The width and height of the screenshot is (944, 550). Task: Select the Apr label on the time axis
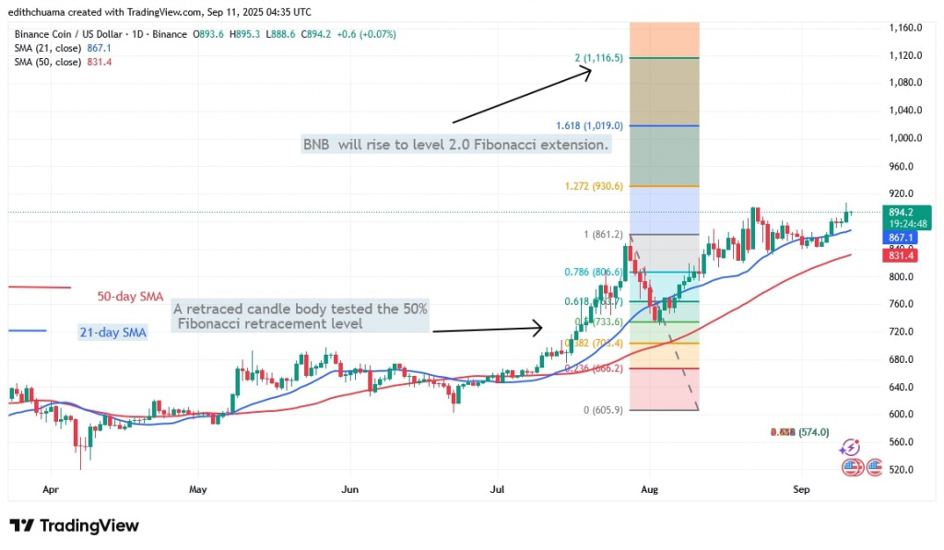[x=51, y=490]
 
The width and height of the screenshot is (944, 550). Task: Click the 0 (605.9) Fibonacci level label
[x=604, y=410]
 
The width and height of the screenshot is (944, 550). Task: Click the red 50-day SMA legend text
[x=130, y=297]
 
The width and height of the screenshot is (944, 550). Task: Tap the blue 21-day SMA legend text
[x=114, y=331]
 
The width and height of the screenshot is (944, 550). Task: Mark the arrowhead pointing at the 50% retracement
[x=539, y=326]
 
